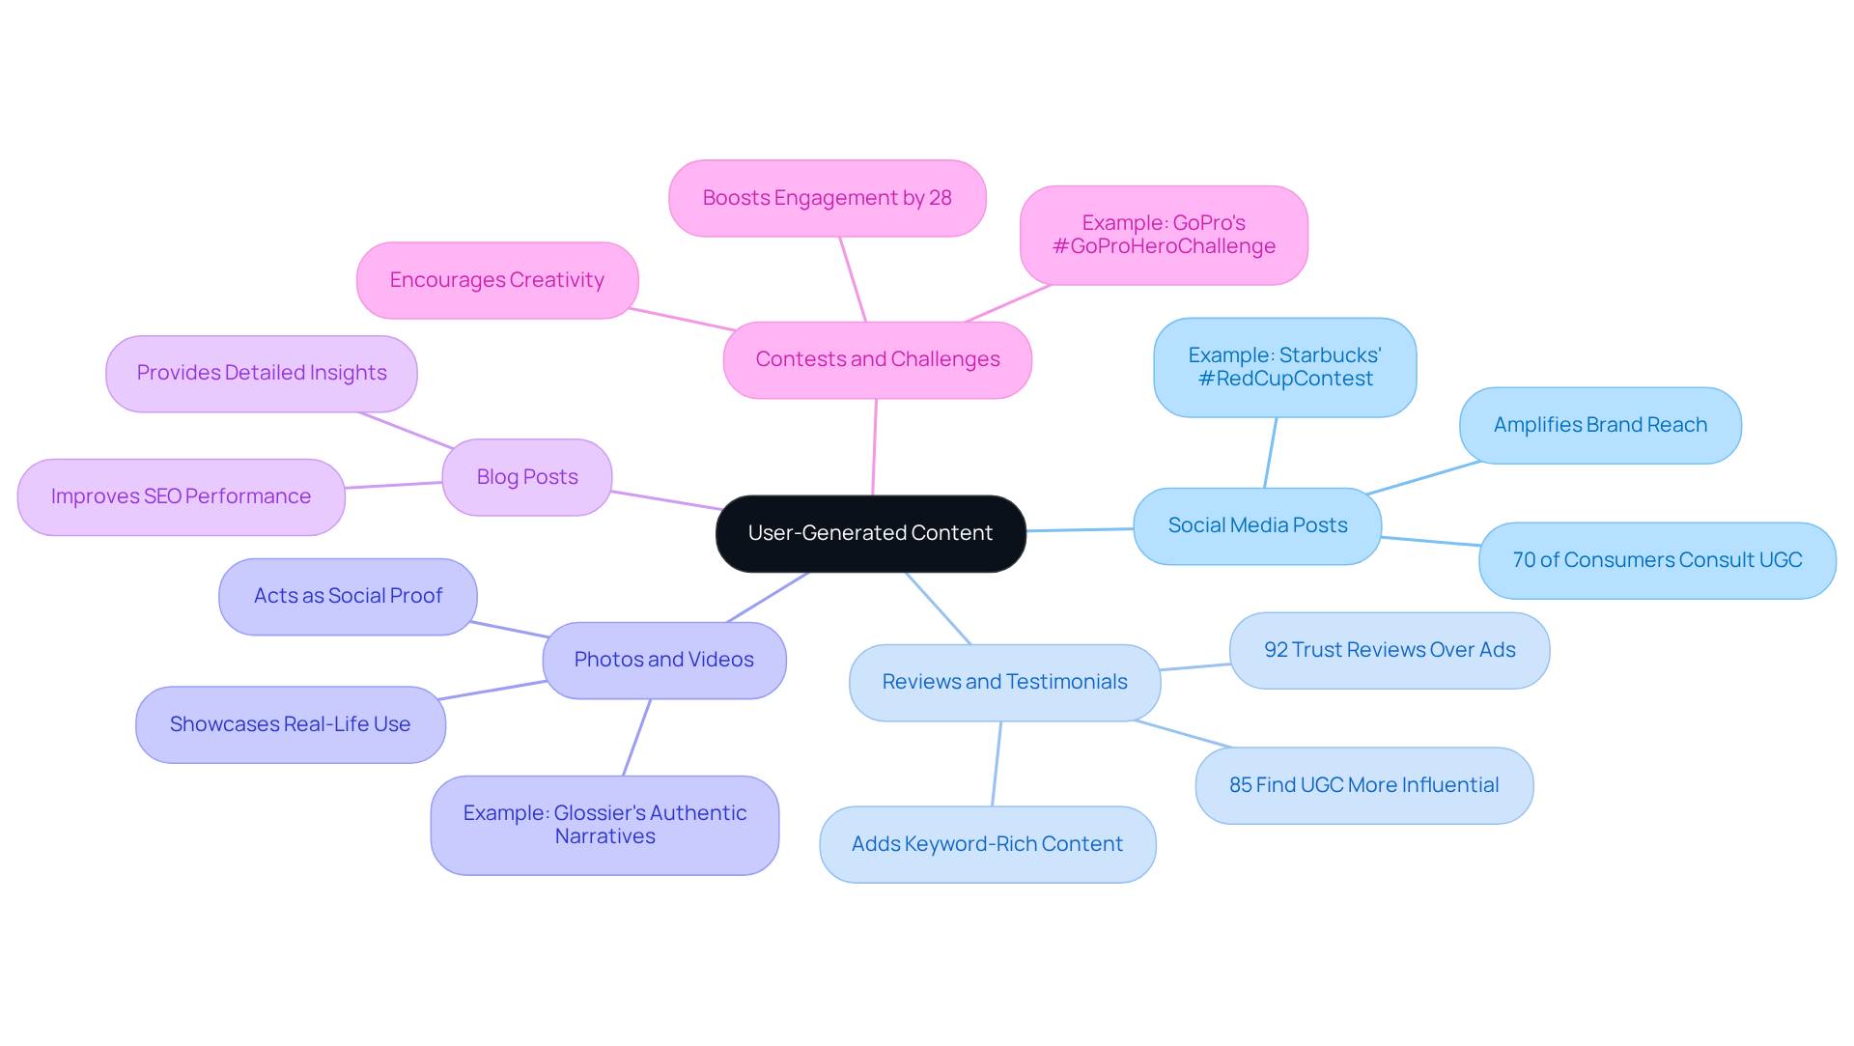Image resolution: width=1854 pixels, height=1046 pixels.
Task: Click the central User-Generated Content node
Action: pos(870,533)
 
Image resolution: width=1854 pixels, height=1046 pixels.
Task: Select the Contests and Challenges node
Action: pos(877,359)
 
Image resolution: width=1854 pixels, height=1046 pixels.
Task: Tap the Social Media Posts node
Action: pos(1257,525)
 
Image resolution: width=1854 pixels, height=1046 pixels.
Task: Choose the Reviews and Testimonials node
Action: pos(1004,682)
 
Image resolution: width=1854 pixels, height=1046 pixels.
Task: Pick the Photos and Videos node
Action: pos(663,660)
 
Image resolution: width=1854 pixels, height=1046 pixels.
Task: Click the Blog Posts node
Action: pos(527,477)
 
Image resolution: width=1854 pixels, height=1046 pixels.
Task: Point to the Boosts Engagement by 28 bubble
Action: pos(827,198)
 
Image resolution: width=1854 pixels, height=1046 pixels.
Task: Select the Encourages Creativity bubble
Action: pos(496,280)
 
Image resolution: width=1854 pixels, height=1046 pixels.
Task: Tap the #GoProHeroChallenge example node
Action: pos(1164,235)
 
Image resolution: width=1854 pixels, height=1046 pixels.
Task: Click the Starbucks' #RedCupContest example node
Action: pos(1284,367)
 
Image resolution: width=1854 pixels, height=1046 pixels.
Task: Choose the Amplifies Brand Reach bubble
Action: pos(1600,425)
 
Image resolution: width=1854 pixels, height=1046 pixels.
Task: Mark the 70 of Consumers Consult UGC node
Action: pos(1657,560)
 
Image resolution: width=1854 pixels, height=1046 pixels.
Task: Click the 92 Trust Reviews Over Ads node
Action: pos(1390,650)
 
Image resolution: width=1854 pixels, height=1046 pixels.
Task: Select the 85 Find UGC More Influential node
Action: pos(1363,785)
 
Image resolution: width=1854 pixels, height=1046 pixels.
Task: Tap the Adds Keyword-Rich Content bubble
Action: pos(987,844)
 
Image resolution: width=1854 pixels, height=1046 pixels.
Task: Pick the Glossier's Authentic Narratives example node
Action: pos(604,825)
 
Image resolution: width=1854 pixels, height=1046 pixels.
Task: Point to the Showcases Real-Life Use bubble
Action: pos(290,724)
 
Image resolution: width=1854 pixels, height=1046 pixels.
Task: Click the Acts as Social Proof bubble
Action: pos(348,596)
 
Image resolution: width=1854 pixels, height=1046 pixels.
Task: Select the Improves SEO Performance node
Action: pos(181,496)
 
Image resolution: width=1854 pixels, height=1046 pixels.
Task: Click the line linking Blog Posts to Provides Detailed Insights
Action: pos(406,431)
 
